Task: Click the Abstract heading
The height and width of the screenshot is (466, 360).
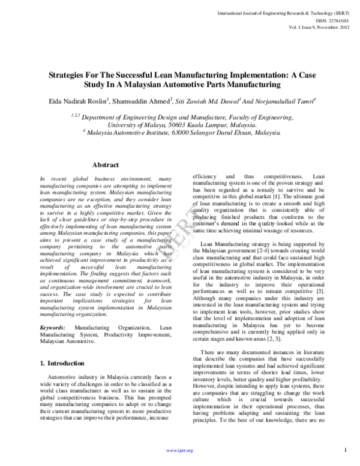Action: click(x=106, y=165)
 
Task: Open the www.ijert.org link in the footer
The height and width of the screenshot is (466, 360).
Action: click(x=180, y=450)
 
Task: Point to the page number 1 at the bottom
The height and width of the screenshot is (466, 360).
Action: click(x=346, y=450)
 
